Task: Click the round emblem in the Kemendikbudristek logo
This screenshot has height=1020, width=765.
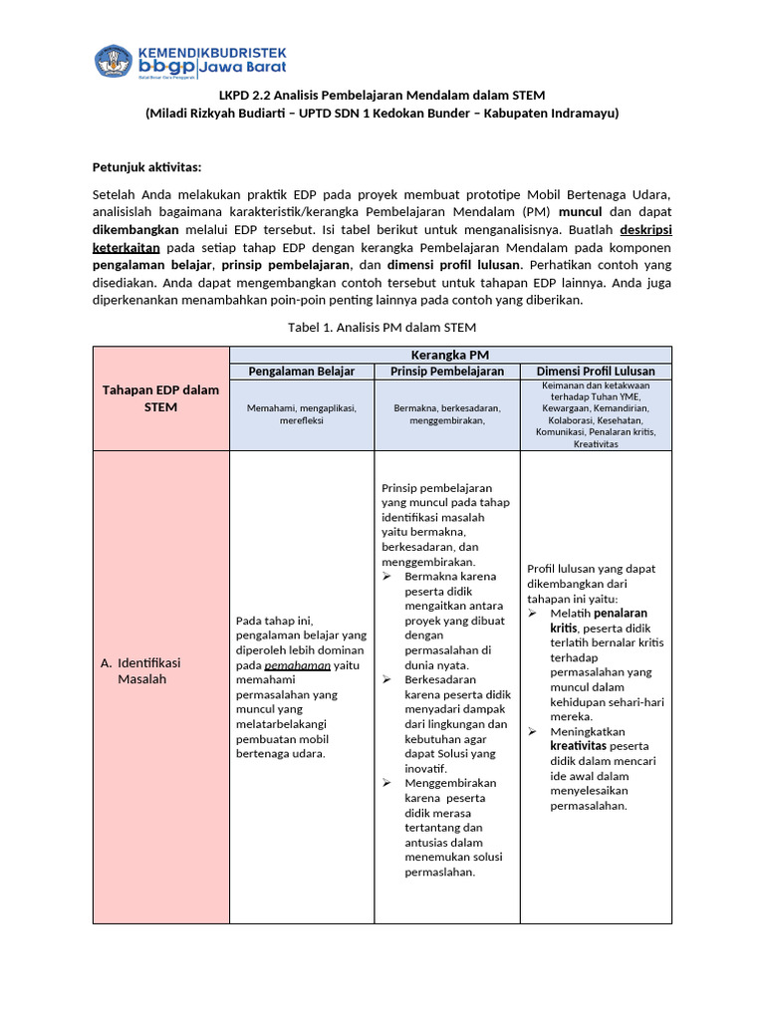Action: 113,60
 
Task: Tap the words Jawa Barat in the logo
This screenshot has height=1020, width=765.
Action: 244,69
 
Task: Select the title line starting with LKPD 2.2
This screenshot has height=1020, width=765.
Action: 382,95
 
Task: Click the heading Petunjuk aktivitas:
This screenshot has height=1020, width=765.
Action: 146,167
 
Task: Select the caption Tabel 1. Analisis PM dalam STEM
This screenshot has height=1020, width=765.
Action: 381,327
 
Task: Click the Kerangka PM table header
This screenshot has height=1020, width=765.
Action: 450,355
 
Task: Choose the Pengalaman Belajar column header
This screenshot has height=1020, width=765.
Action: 302,371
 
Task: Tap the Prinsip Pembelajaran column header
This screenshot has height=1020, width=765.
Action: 447,371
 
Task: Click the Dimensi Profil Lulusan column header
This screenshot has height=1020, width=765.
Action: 596,371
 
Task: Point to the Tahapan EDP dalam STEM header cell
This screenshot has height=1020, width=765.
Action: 160,398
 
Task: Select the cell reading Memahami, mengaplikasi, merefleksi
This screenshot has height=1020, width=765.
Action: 302,414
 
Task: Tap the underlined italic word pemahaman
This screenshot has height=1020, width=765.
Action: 298,664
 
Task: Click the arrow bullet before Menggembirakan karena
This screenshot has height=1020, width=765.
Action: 387,783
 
